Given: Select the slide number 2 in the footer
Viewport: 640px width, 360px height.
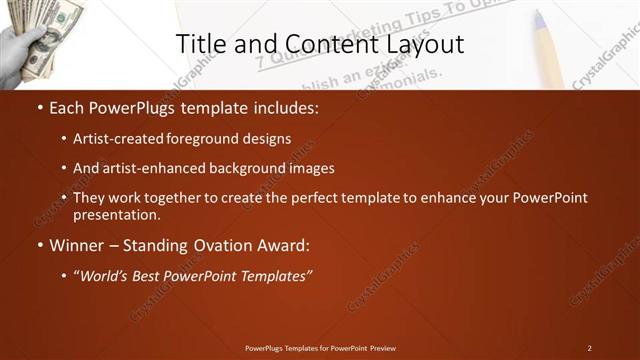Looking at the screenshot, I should (590, 348).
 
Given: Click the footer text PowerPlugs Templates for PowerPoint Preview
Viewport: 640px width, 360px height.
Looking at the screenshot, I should (320, 348).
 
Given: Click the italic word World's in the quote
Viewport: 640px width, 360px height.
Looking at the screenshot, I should (110, 275).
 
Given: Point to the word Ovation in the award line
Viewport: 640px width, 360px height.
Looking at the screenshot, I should (207, 245).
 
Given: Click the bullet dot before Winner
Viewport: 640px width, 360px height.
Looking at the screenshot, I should (39, 245).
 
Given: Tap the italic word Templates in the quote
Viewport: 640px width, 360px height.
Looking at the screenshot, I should (274, 275).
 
